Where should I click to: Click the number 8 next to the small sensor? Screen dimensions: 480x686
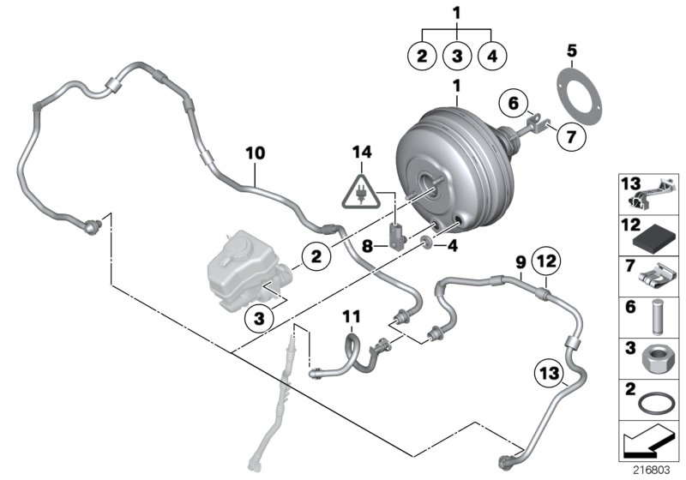[x=366, y=246]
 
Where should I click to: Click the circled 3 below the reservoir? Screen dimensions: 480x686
[x=262, y=317]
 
